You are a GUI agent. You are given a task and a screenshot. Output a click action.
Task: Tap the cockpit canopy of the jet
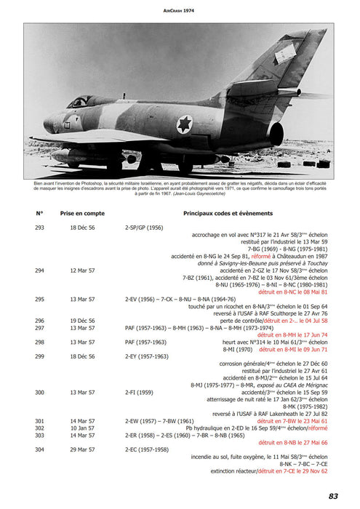coord(82,101)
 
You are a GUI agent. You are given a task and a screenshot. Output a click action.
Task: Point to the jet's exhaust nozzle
coord(275,133)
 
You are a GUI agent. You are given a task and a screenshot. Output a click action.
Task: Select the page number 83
coord(333,495)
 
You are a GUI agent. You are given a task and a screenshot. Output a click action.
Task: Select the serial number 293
coord(39,228)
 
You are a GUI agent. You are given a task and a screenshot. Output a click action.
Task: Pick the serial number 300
coord(39,391)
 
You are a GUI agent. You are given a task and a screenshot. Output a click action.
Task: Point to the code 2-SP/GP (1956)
coord(144,228)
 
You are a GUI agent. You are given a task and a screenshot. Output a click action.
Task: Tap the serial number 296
coord(39,320)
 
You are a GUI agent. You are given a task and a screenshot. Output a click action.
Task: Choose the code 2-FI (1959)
coord(139,391)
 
